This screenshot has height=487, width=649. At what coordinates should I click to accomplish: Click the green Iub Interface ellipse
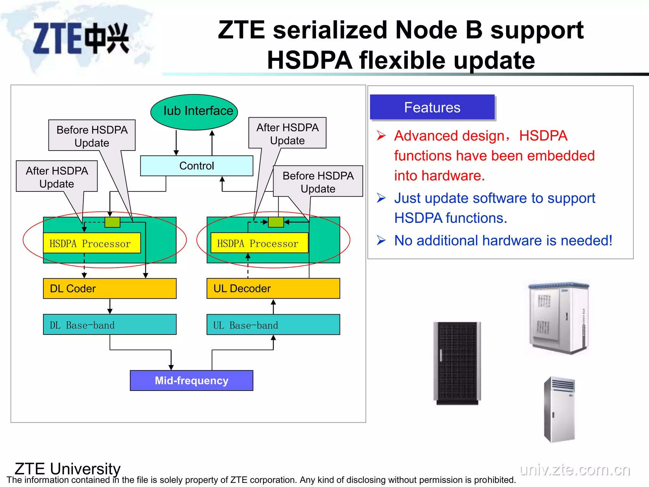pyautogui.click(x=194, y=112)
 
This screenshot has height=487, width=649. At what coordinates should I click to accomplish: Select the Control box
pyautogui.click(x=196, y=166)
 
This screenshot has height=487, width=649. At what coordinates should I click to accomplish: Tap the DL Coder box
pyautogui.click(x=110, y=289)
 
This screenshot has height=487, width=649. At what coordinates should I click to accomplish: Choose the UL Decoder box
pyautogui.click(x=273, y=289)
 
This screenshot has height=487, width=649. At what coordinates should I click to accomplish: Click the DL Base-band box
pyautogui.click(x=110, y=325)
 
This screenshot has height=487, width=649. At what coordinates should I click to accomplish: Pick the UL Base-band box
pyautogui.click(x=273, y=325)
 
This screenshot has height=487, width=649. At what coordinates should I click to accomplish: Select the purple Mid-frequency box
pyautogui.click(x=191, y=380)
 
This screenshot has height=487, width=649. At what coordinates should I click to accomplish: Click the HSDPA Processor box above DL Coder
pyautogui.click(x=92, y=243)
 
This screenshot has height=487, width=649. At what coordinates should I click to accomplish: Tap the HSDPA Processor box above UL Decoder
pyautogui.click(x=259, y=243)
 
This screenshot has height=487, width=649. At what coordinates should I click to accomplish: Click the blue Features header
pyautogui.click(x=432, y=107)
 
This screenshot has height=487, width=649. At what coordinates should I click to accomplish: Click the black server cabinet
pyautogui.click(x=457, y=363)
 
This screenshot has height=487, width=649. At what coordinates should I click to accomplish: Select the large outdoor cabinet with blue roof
pyautogui.click(x=558, y=318)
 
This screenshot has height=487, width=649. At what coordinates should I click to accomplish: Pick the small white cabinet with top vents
pyautogui.click(x=559, y=409)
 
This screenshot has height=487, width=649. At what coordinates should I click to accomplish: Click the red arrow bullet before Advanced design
pyautogui.click(x=381, y=136)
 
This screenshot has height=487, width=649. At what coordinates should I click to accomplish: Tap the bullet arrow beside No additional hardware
pyautogui.click(x=381, y=240)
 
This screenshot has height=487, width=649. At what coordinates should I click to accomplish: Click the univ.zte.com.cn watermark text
pyautogui.click(x=575, y=469)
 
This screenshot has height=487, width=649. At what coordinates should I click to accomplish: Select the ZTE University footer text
pyautogui.click(x=67, y=468)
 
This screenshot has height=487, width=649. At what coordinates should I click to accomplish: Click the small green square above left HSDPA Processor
pyautogui.click(x=112, y=222)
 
